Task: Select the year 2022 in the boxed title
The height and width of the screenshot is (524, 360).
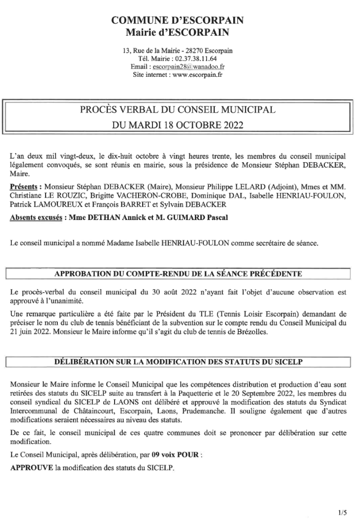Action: (x=230, y=124)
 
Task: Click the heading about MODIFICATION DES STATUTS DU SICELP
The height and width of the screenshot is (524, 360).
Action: (x=178, y=362)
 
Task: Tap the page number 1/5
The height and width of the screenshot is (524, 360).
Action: (x=342, y=511)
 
